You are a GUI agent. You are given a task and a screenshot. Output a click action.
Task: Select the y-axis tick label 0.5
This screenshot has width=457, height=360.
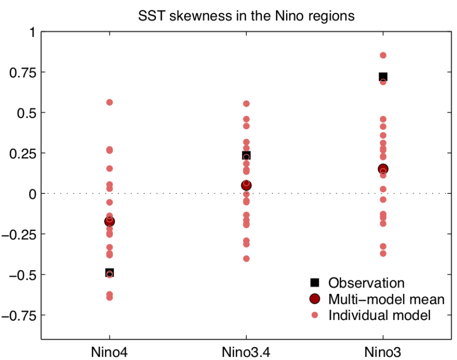(x=27, y=113)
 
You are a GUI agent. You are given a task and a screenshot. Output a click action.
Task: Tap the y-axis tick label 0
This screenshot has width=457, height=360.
(x=32, y=193)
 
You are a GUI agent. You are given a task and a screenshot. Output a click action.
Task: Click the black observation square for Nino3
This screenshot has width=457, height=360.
(x=383, y=76)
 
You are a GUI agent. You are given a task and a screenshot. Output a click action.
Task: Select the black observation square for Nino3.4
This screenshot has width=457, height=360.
(x=246, y=155)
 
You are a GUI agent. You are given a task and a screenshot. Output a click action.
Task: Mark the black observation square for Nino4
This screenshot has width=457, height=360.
(x=110, y=273)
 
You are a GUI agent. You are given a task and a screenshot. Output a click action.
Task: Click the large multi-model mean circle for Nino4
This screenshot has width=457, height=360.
(x=110, y=221)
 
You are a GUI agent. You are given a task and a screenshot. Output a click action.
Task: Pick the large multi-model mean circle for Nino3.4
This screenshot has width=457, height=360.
(x=246, y=185)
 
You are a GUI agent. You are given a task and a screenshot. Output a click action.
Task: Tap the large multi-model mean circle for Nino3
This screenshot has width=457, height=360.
(x=383, y=169)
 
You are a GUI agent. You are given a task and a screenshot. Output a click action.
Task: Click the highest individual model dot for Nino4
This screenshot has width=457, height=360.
(x=110, y=102)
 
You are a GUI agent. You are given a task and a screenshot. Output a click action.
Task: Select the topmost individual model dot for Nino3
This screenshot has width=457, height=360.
(x=383, y=55)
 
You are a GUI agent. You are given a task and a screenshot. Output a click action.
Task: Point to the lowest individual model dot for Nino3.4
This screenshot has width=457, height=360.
(x=246, y=258)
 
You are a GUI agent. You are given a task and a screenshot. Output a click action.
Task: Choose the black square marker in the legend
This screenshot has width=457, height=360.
(x=314, y=283)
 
